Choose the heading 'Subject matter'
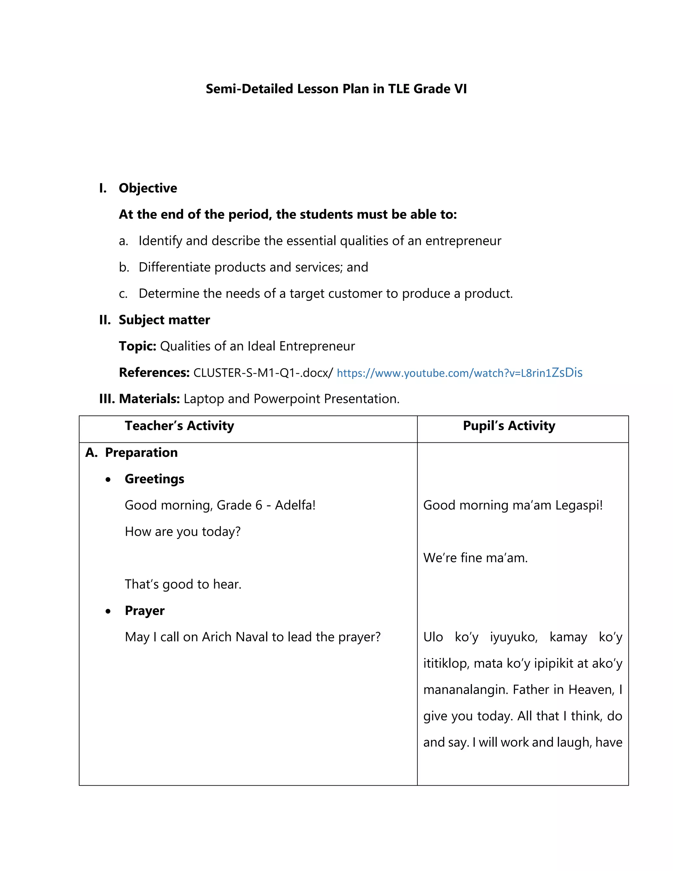164,320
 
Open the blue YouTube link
459,373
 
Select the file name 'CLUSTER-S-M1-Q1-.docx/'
263,373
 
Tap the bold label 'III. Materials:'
140,399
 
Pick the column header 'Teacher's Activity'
179,426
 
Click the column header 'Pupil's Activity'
509,426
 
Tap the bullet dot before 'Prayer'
108,611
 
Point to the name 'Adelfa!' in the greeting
295,505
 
